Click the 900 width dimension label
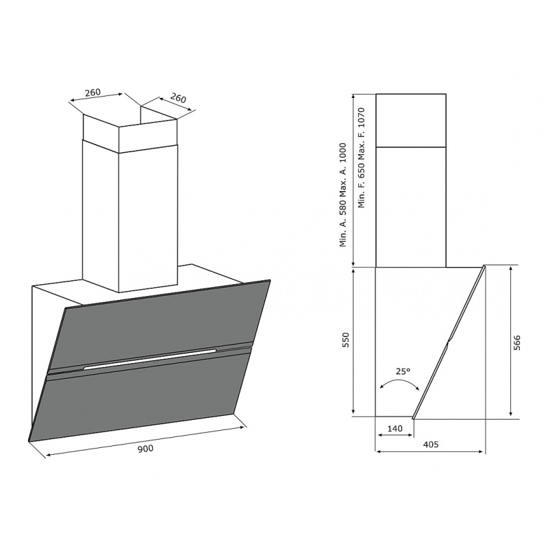(145, 449)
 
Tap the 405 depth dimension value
(431, 444)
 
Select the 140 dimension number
(395, 428)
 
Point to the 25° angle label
(403, 371)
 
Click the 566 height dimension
(517, 342)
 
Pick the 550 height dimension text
(346, 340)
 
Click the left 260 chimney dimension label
(93, 92)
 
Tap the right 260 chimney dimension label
(178, 98)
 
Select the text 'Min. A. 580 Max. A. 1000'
(343, 195)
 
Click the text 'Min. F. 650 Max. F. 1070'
(362, 158)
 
